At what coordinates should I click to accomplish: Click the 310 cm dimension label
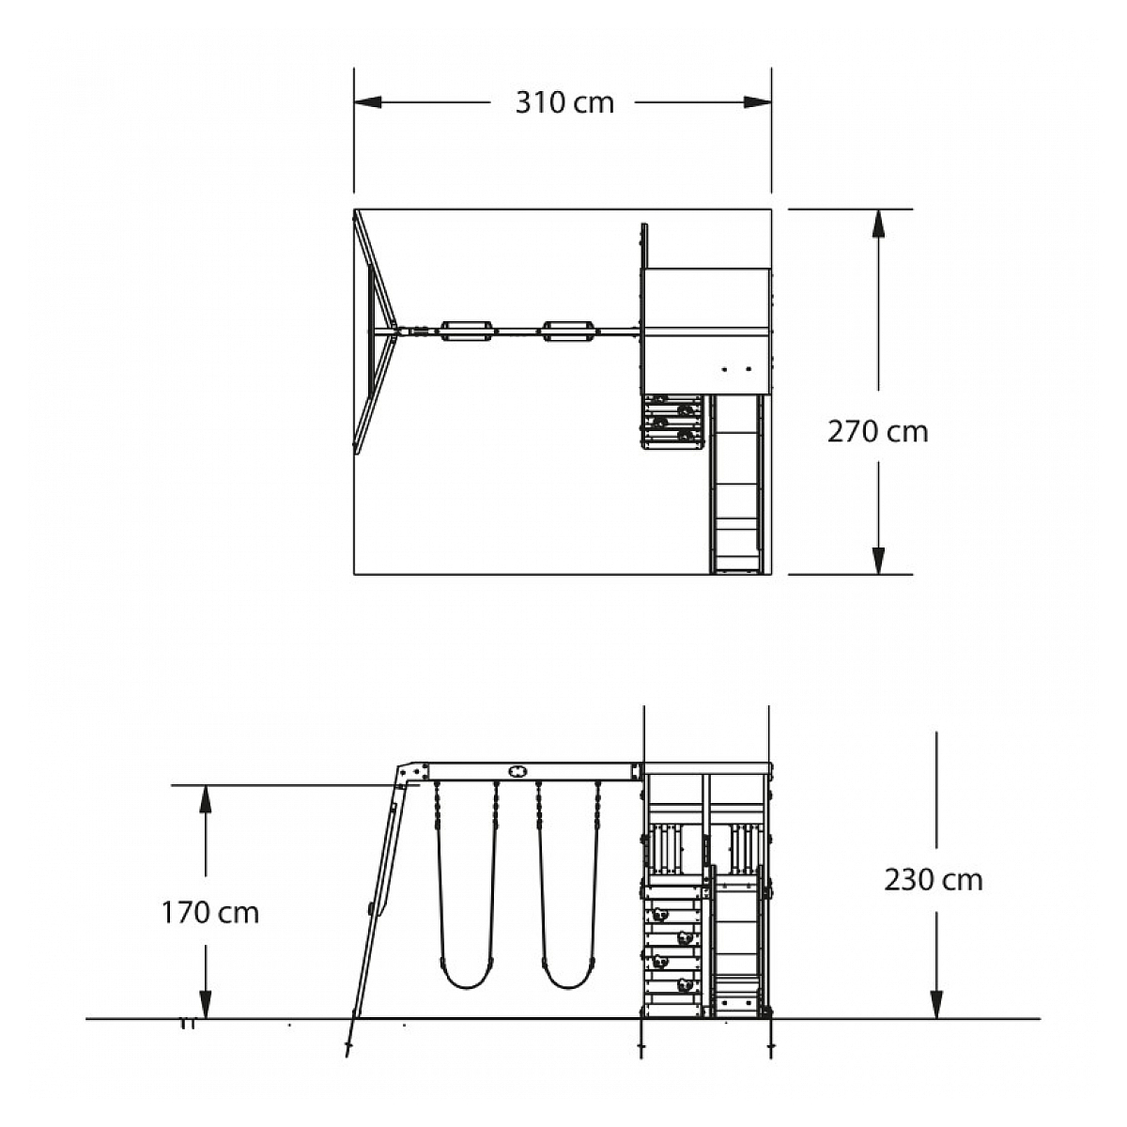(564, 103)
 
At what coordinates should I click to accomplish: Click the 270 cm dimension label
(877, 432)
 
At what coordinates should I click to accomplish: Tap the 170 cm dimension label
(210, 913)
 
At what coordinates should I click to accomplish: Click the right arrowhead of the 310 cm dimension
(757, 102)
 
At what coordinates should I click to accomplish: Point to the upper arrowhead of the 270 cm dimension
(878, 224)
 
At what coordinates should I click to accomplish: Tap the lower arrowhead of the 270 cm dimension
(878, 561)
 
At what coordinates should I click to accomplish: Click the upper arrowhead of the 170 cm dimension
(206, 799)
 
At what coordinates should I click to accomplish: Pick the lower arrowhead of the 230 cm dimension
(937, 1005)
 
